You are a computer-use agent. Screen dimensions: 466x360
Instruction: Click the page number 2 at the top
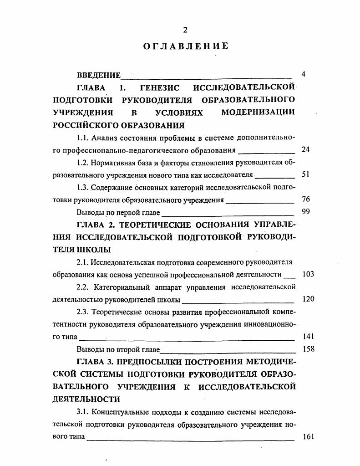tap(185, 30)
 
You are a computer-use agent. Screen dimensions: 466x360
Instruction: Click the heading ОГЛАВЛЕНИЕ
tap(185, 46)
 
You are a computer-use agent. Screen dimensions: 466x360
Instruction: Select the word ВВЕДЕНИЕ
tap(99, 75)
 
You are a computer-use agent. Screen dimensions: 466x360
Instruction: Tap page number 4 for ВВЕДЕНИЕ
tap(304, 74)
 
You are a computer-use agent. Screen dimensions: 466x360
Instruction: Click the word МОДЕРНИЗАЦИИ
tap(258, 112)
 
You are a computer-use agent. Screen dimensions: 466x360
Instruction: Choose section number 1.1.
tap(82, 137)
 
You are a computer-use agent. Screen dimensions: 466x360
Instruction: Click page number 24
tap(305, 149)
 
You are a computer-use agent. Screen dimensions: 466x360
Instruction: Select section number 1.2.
tap(82, 162)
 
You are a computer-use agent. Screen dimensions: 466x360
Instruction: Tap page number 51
tap(305, 174)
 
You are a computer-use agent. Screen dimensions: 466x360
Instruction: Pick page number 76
tap(305, 199)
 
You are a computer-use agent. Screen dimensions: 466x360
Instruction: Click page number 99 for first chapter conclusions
tap(305, 211)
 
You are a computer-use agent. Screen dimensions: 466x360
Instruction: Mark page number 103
tap(308, 274)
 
